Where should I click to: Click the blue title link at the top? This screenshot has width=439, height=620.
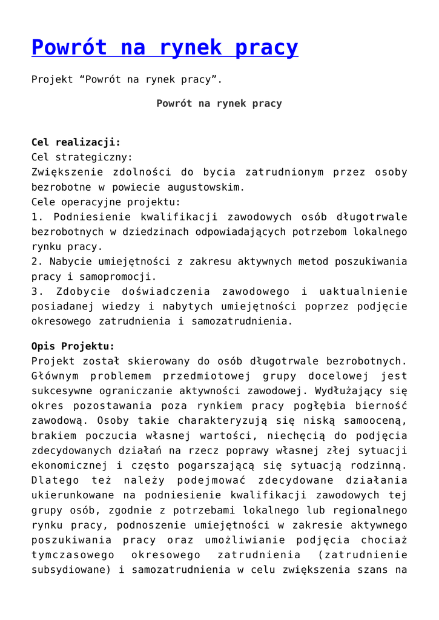165,47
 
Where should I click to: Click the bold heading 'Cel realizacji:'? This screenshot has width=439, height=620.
76,142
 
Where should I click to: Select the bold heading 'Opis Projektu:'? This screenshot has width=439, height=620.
73,346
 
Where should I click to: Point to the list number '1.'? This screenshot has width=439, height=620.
37,217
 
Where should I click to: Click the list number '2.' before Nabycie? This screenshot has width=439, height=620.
37,262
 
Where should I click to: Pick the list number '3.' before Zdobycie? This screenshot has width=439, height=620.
37,292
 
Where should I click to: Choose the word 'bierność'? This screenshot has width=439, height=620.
382,406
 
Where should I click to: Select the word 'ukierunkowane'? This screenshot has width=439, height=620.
68,495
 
